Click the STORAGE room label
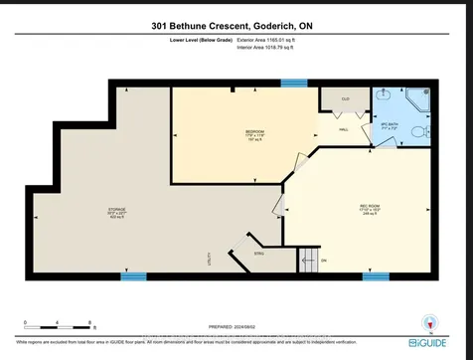point(117,210)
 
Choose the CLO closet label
point(333,99)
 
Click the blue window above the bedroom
point(292,84)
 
